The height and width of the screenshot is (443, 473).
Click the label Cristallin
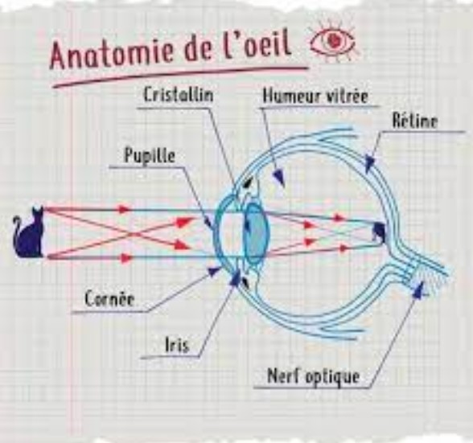point(179,95)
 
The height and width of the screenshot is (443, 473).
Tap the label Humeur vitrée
point(315,96)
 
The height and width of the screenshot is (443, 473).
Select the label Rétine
point(415,121)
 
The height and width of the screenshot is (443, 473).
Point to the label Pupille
point(150,156)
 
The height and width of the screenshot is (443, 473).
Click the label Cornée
point(109,299)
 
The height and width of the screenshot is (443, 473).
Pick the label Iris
point(177,345)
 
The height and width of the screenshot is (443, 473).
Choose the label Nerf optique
point(314,376)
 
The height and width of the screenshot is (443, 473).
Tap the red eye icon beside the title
point(333,41)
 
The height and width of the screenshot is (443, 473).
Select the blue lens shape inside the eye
point(256,233)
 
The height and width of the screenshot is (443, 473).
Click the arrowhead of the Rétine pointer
point(370,163)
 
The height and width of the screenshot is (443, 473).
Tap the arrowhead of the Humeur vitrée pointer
point(278,178)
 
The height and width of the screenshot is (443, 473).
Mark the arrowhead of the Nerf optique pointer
point(418,290)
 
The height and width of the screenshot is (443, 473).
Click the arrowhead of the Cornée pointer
point(215,271)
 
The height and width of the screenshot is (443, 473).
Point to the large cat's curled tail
point(17,226)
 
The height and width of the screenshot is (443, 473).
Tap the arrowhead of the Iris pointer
point(235,277)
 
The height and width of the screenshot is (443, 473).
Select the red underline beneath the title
point(180,76)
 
